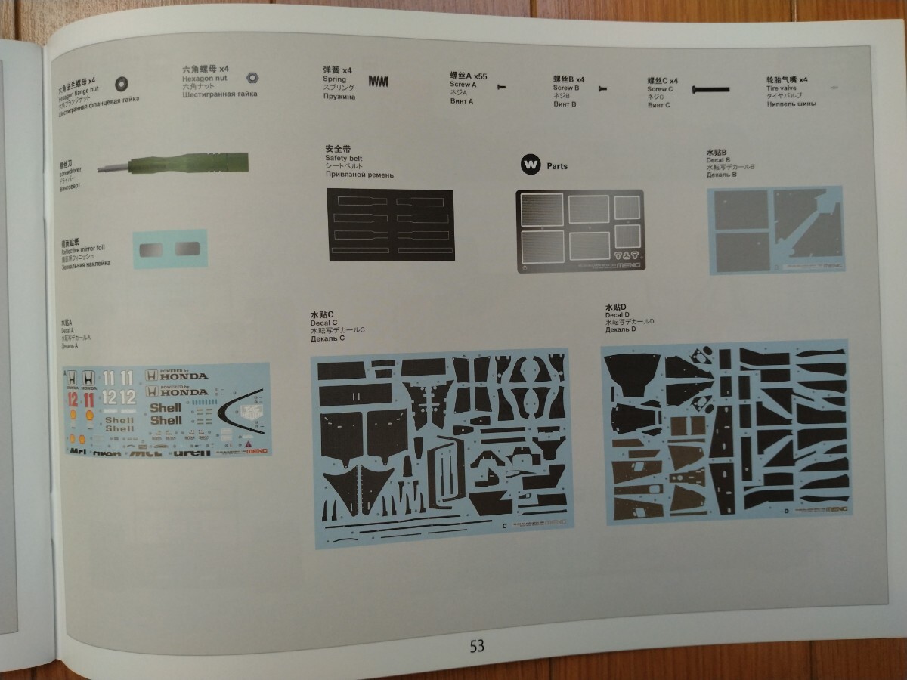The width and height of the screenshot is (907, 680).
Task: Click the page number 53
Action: pos(476,646)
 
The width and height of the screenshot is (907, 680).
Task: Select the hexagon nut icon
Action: pos(252,76)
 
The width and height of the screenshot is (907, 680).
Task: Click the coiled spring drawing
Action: pos(382,80)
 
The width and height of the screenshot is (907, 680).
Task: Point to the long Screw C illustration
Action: pos(711,89)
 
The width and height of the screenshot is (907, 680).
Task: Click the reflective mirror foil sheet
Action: pos(169,249)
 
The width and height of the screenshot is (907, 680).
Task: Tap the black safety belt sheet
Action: pos(390,225)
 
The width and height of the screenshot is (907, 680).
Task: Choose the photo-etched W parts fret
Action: pos(579,230)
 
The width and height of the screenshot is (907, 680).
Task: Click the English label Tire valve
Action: pos(784,88)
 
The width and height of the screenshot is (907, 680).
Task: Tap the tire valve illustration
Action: pos(834,88)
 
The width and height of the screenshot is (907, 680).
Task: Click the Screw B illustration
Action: pos(602,89)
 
